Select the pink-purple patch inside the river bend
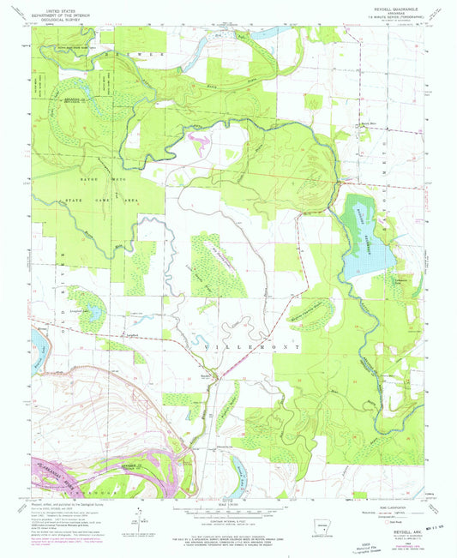click(x=197, y=137)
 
